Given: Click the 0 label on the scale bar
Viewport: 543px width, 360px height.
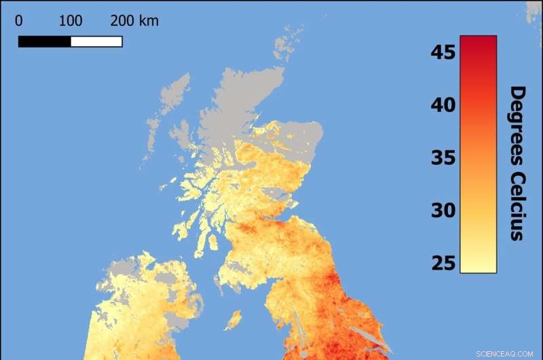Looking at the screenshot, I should [x=18, y=21].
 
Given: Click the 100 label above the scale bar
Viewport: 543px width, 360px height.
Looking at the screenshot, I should [x=71, y=21].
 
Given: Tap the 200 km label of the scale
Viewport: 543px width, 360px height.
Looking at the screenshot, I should [x=134, y=21].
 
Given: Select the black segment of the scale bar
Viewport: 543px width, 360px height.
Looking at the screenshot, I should [x=44, y=41].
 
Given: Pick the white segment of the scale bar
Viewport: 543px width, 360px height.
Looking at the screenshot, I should [x=96, y=41].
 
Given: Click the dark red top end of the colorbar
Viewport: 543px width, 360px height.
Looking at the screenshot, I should [x=478, y=41].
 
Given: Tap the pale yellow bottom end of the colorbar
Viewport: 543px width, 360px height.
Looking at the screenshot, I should [x=478, y=268].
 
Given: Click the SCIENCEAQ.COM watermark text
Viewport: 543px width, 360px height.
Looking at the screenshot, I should [x=506, y=352].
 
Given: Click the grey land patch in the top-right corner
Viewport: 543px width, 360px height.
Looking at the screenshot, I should [x=534, y=10].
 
